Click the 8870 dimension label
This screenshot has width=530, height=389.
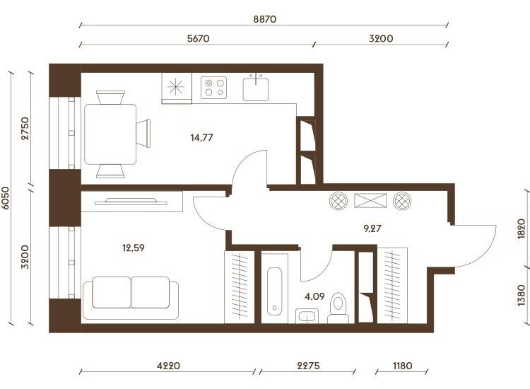265,19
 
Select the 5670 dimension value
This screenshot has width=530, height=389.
199,38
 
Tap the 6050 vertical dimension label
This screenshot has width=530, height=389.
6,198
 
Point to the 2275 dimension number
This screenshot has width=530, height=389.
308,366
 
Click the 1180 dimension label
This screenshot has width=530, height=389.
403,366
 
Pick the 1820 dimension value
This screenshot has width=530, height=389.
522,229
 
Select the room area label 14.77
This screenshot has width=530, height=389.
202,138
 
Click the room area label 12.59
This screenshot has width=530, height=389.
133,248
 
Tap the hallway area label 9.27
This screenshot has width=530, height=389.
372,228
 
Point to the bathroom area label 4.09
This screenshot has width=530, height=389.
314,296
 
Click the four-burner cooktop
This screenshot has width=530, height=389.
214,88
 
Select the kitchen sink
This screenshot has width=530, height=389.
256,88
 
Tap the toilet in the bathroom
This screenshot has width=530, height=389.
338,308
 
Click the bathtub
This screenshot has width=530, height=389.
274,291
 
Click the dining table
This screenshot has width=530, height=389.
110,134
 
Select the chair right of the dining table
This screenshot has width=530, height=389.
143,133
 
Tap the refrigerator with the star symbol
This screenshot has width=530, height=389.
177,88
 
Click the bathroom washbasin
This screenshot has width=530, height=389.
307,316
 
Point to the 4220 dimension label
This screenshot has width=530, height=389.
169,366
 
